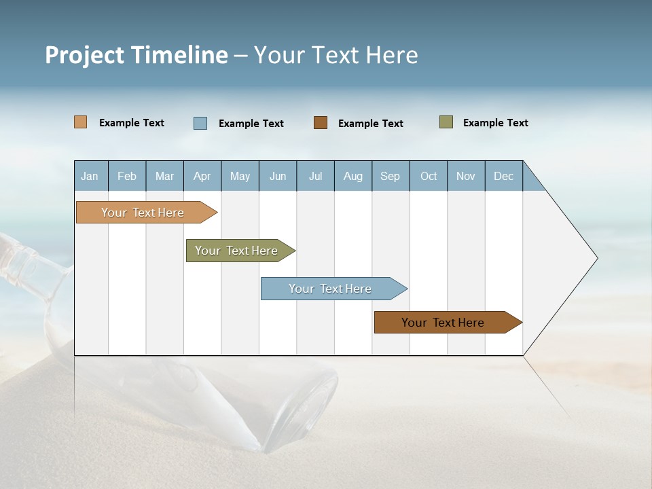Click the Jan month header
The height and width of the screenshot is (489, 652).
coord(90,176)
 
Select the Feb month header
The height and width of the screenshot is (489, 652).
coord(127,176)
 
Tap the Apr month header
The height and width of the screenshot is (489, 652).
coord(202,176)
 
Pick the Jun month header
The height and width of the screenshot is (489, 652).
coord(278,176)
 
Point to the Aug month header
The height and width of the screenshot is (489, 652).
coord(353,176)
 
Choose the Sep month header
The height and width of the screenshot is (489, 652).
coord(391,176)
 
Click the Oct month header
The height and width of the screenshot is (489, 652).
coord(429,176)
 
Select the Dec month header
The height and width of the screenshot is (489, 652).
coord(504,176)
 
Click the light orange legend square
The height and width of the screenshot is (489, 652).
coord(81,122)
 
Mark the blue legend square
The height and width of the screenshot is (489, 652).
coord(200,123)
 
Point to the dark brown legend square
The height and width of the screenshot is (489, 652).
coord(321,123)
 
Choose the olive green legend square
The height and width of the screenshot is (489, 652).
coord(446,122)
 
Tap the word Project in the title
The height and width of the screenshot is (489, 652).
coord(84,55)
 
